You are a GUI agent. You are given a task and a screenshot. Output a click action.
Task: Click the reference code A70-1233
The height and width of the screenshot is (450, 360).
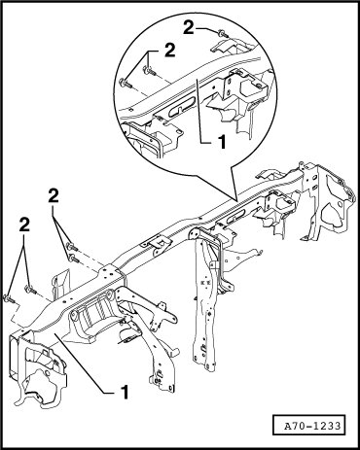coord(312,426)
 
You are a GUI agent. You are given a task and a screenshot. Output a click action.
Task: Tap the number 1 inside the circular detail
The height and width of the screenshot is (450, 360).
coord(222,142)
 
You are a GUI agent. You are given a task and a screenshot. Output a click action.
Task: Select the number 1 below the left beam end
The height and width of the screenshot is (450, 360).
coord(125,392)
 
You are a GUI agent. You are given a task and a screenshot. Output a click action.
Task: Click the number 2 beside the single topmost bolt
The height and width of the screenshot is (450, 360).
coord(189,27)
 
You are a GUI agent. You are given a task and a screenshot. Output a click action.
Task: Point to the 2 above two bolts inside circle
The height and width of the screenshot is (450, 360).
coord(170,51)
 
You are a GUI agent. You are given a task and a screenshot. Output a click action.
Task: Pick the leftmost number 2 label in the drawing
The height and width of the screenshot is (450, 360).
coord(24,225)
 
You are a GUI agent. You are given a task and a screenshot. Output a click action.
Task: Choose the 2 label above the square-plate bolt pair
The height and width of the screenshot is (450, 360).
coord(54,195)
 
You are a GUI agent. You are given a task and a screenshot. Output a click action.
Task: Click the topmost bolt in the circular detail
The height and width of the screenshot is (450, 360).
coord(223,33)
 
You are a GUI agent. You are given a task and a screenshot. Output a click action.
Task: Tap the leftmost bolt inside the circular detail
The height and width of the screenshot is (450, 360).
coord(126,83)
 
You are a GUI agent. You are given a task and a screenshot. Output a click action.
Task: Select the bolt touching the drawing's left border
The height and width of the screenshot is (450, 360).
coord(10,298)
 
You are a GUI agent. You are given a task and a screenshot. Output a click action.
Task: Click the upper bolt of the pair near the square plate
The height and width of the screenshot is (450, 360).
coord(72,247)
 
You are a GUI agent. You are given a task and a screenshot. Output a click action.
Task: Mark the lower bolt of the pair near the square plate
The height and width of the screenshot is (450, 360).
coord(74,259)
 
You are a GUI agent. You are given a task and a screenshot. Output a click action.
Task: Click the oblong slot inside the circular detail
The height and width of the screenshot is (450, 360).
coord(182,108)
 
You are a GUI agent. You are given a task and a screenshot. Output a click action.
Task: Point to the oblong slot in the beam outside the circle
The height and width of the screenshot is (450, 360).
coord(237,216)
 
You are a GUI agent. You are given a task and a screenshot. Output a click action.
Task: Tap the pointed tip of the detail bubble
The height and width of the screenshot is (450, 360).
coord(235,198)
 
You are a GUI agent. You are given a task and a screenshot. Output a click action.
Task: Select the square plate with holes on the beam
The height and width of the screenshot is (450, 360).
coord(108,275)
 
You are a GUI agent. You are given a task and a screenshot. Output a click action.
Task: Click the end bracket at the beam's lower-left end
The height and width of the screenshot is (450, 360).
coord(38,367)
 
